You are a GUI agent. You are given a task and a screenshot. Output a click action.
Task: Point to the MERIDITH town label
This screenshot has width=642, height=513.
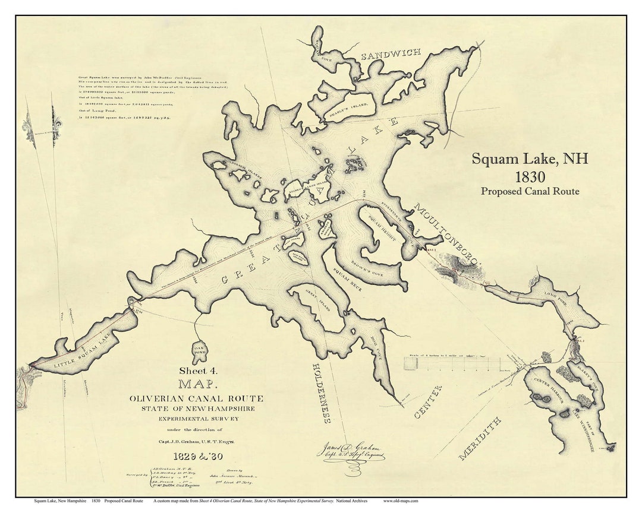pos(480,438)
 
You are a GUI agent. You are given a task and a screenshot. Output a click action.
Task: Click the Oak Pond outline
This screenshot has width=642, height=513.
pos(199,351)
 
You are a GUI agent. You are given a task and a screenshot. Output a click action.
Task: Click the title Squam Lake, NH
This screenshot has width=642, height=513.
pos(530,159)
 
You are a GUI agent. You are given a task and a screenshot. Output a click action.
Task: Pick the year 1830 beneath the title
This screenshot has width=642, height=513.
pos(530,177)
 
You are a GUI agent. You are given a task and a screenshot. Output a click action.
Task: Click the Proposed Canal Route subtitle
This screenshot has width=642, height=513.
pos(530,191)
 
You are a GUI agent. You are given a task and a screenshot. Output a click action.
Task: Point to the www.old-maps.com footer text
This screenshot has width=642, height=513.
pos(401,501)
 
